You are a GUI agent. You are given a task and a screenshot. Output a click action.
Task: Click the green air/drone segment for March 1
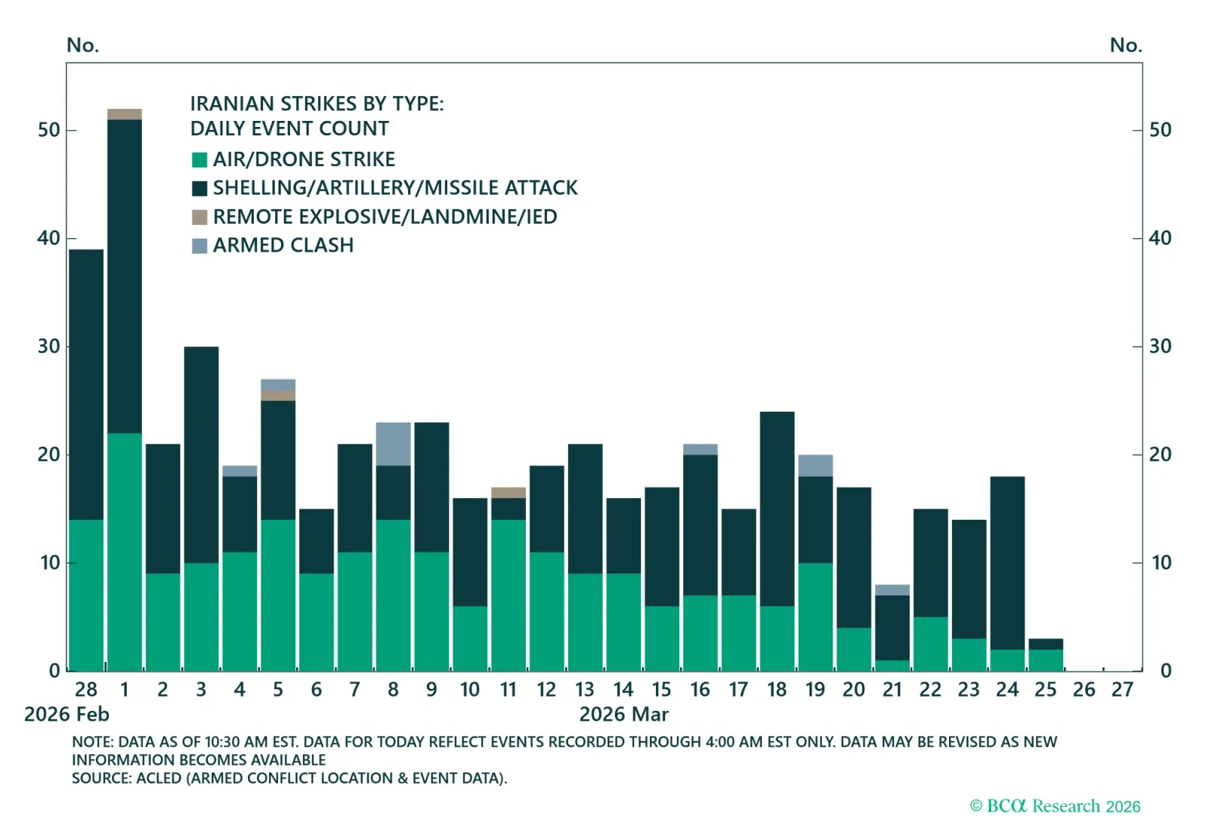click(x=125, y=552)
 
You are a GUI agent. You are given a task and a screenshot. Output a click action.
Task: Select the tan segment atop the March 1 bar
click(x=125, y=114)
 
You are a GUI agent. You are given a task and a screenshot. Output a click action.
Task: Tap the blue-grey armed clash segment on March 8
click(x=393, y=444)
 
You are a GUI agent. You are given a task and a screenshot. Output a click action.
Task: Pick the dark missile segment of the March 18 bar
click(x=777, y=508)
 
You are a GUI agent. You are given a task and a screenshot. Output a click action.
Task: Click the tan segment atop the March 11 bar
click(x=509, y=493)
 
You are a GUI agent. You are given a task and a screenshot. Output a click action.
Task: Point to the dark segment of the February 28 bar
click(x=86, y=384)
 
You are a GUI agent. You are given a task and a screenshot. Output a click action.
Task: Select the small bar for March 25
click(x=1046, y=654)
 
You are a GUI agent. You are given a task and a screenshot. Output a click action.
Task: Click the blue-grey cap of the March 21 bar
click(x=892, y=589)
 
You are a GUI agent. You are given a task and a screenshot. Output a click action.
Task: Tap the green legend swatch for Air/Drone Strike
click(x=199, y=159)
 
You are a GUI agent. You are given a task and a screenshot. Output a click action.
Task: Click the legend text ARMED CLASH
click(x=283, y=246)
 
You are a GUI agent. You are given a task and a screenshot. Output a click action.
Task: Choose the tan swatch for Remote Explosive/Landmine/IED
click(x=199, y=218)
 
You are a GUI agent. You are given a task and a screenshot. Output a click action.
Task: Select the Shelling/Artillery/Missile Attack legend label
click(x=394, y=188)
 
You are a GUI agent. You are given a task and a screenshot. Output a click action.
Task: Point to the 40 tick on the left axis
click(x=49, y=238)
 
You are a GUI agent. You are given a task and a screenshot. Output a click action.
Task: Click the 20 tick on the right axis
click(x=1160, y=455)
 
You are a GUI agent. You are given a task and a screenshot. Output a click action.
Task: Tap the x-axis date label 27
click(x=1122, y=690)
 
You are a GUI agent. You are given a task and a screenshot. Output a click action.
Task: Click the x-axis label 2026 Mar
click(x=623, y=715)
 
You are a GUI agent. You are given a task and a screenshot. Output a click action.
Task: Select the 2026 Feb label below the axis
click(x=66, y=715)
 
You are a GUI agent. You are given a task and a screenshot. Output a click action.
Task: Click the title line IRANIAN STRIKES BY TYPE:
click(x=317, y=104)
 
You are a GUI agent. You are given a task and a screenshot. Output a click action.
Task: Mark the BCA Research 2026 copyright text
click(x=1055, y=806)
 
